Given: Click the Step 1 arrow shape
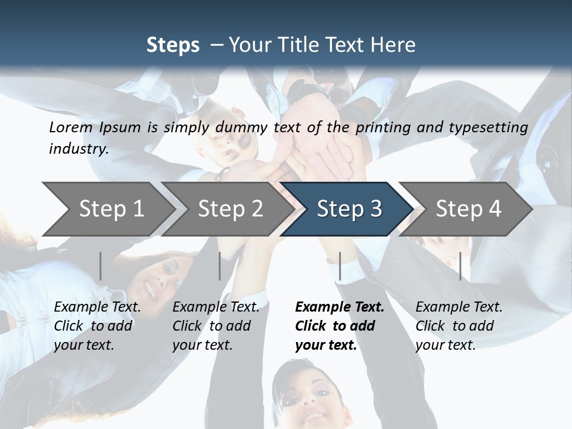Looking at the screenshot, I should [110, 209].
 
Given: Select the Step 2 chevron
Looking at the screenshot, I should [230, 209].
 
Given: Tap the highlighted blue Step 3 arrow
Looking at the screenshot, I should [349, 209].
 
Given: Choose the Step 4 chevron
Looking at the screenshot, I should [468, 209].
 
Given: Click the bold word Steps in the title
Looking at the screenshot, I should [173, 45].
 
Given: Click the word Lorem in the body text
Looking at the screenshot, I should [71, 127].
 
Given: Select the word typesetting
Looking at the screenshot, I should [488, 127].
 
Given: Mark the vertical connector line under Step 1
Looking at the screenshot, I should [100, 266].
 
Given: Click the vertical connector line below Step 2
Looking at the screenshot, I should [220, 266].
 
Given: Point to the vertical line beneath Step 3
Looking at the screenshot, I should [340, 266].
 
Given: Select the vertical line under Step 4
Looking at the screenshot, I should [460, 266].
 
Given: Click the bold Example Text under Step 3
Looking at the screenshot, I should [340, 307].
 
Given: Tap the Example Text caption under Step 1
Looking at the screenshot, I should [97, 307].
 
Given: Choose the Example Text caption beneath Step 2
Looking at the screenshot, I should [216, 307].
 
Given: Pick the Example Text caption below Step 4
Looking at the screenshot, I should [459, 307].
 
